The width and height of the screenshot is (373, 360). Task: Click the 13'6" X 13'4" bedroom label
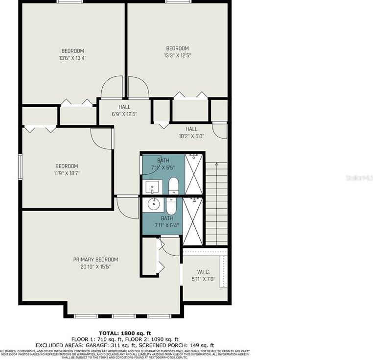[72, 54]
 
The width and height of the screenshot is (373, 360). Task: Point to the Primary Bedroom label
[95, 263]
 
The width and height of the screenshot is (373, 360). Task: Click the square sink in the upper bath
[151, 186]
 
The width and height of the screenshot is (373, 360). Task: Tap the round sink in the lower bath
[151, 204]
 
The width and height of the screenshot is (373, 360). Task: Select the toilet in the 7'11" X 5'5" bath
[174, 186]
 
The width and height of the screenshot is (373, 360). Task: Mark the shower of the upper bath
[194, 174]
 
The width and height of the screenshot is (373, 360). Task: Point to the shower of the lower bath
[192, 220]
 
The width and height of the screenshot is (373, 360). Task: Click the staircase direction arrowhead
[216, 166]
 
